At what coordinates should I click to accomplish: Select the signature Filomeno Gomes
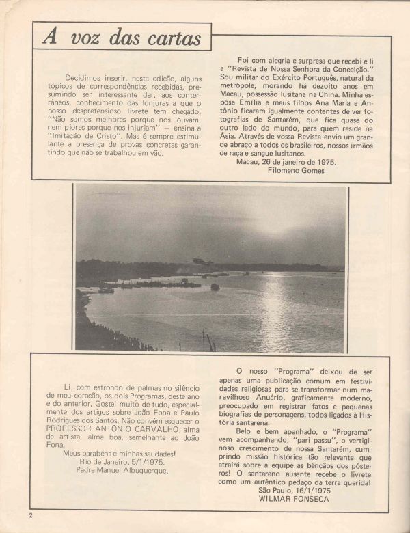click(296, 171)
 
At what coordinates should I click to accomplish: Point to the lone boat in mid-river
click(215, 287)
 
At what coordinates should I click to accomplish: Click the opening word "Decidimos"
click(85, 79)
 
